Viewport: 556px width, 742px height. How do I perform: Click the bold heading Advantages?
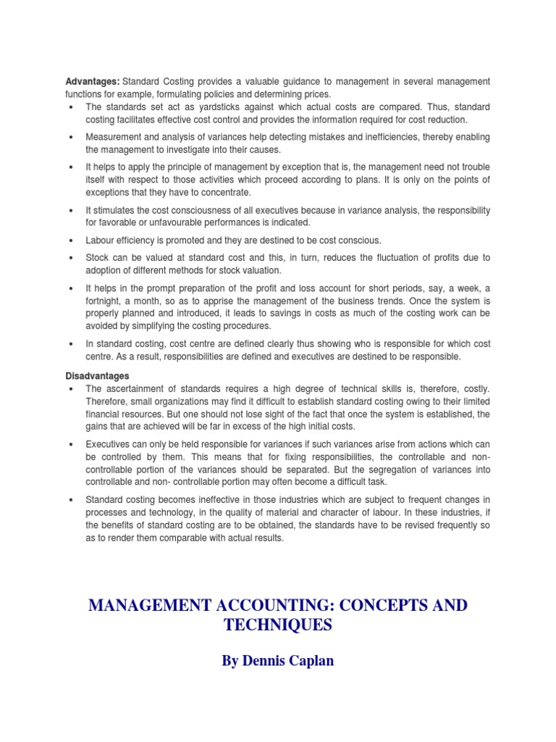click(x=93, y=80)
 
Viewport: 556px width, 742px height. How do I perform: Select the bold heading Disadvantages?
click(x=98, y=376)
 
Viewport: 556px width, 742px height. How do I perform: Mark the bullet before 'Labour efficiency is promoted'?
click(x=69, y=240)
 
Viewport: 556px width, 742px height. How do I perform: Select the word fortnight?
click(x=106, y=301)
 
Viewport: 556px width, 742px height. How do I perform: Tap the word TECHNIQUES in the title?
click(x=277, y=624)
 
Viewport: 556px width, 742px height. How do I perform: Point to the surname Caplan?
click(x=308, y=662)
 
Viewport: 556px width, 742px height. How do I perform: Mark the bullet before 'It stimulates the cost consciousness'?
click(x=69, y=210)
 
